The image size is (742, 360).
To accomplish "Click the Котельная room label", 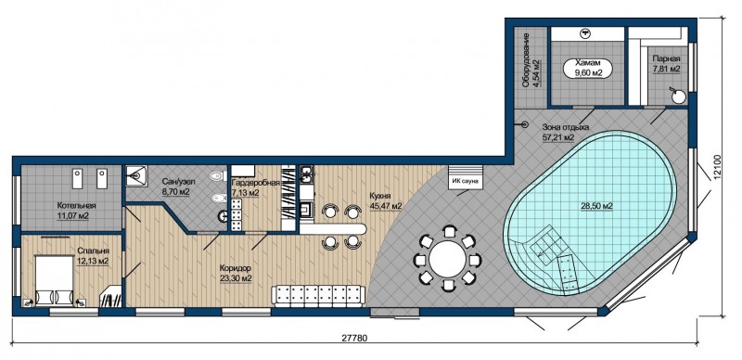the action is point(76,206).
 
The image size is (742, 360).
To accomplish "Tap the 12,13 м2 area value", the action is point(92,261).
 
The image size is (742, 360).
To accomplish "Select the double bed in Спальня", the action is point(55,280).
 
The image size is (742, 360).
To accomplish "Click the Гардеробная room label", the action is point(255,183).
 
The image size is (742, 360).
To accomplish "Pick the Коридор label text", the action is point(236,267).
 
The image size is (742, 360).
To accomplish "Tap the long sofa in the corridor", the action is point(318,296).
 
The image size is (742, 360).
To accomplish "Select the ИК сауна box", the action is point(466,177).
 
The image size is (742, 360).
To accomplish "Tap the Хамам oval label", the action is point(587,68).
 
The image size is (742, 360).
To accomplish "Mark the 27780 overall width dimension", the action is point(354,339).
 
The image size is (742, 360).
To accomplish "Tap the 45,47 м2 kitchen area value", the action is point(386,206).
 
